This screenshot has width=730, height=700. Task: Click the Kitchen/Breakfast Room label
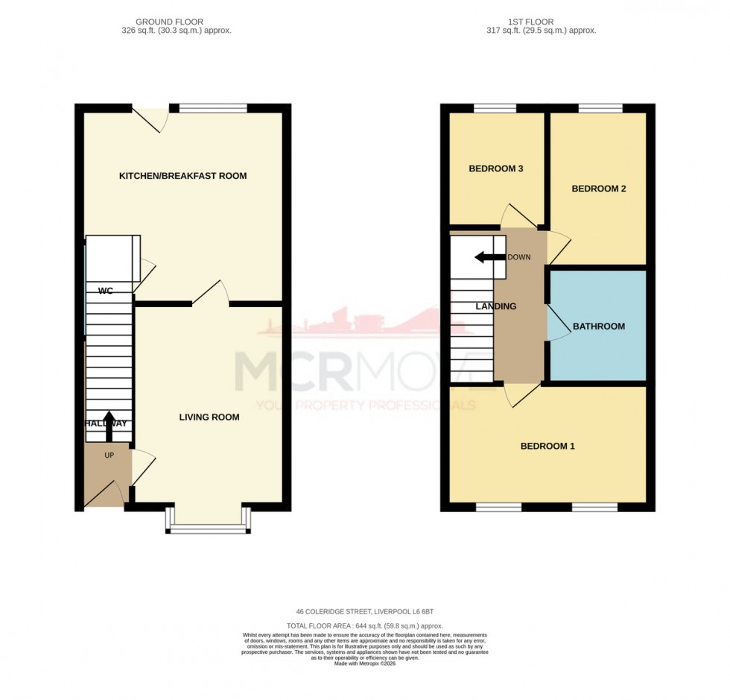tap(182, 176)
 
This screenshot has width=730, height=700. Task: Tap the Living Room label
tap(209, 417)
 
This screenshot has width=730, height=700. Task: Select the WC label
tap(106, 291)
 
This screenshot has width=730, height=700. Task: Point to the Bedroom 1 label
tap(547, 447)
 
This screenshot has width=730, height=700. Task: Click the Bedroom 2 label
tap(598, 189)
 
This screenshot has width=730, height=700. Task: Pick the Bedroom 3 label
tap(495, 169)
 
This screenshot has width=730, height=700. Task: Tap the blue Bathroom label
tap(598, 327)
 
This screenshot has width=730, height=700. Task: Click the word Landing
tap(496, 306)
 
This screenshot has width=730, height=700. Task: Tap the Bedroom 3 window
tap(495, 109)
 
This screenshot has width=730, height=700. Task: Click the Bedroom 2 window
tap(600, 109)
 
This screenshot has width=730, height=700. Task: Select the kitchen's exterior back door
tap(149, 119)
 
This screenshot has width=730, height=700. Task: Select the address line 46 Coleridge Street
tap(364, 612)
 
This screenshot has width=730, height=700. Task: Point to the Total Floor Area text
tap(364, 625)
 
